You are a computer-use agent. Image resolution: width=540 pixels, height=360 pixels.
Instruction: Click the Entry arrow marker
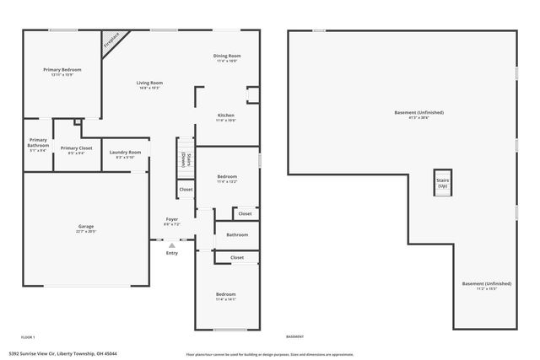[x=171, y=245]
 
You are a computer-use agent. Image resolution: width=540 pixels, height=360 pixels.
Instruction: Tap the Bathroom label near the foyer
[x=237, y=235]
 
